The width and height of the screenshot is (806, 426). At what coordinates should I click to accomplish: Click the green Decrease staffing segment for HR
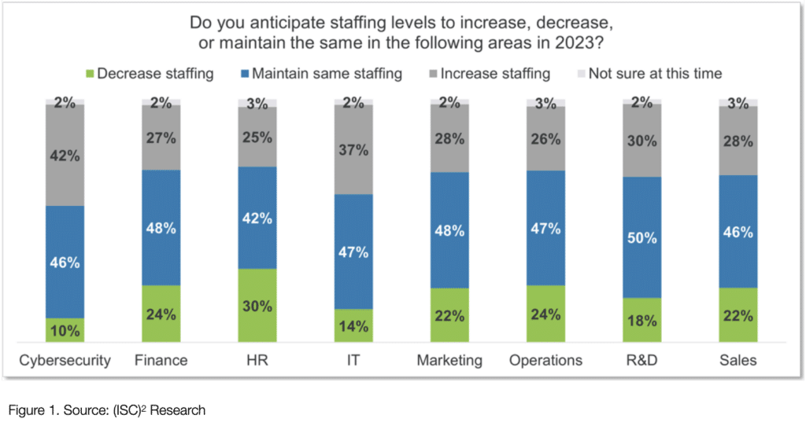pos(257,305)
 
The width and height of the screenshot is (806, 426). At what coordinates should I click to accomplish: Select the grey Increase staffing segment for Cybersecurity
pos(65,155)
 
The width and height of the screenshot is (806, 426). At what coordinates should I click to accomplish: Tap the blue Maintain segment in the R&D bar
pos(642,237)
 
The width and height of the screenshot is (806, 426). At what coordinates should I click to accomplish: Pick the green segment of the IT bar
pos(353,325)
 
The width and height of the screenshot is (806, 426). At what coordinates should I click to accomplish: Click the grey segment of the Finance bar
pos(161,138)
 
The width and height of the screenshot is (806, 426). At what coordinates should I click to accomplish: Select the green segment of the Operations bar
pos(546,314)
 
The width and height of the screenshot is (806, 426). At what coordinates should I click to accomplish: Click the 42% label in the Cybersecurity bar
pos(65,156)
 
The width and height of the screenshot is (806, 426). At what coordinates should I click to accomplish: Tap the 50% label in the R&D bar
pos(642,237)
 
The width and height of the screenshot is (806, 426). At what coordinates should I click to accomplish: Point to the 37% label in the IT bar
pos(353,149)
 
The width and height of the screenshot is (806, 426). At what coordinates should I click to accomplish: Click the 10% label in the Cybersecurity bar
pos(65,331)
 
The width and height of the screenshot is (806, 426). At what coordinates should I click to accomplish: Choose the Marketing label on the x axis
pos(450,361)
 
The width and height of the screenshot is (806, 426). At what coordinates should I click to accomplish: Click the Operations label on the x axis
pos(546,361)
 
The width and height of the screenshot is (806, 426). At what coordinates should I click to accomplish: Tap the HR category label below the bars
pos(257,361)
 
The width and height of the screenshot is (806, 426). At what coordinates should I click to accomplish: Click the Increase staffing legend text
pos(495,75)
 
